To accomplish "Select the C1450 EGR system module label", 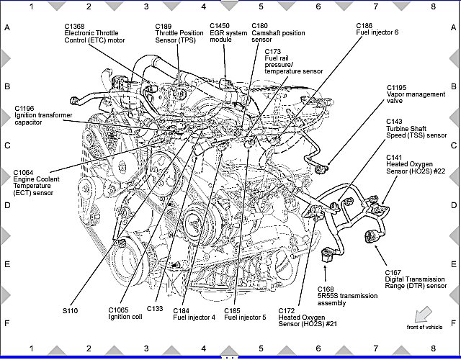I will pos(225,33).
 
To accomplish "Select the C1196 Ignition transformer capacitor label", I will pos(37,115).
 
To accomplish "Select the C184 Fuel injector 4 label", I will pos(194,314).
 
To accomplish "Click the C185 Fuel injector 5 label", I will pos(245,314).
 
